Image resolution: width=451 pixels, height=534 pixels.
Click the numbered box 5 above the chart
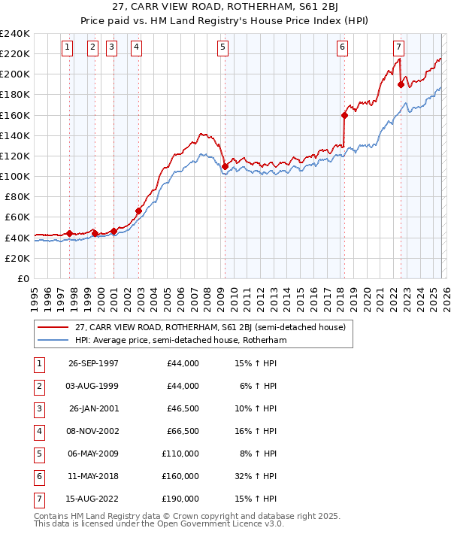click(223, 47)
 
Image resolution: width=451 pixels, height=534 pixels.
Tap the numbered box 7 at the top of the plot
click(398, 47)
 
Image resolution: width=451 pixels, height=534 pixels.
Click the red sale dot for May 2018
click(344, 115)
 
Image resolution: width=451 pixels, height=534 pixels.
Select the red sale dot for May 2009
click(225, 166)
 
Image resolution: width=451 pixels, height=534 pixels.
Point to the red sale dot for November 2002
click(139, 211)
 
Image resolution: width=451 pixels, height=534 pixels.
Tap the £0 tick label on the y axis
click(23, 278)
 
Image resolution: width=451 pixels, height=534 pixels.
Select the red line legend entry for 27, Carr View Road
click(210, 327)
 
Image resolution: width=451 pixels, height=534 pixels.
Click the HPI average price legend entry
click(180, 340)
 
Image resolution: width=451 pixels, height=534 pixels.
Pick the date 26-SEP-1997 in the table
click(93, 363)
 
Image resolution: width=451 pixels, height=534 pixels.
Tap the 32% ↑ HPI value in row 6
click(256, 476)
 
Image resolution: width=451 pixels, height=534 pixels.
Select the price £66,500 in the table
click(183, 431)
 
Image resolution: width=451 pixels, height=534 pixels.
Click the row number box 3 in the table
click(38, 408)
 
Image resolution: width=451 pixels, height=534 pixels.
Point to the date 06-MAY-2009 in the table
click(93, 454)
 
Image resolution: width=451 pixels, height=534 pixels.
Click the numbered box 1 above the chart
click(68, 47)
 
